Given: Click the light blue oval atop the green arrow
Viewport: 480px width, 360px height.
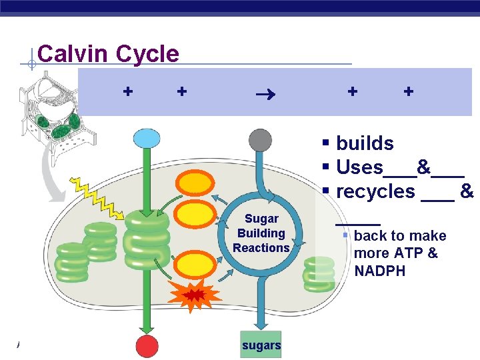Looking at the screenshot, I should pyautogui.click(x=147, y=139).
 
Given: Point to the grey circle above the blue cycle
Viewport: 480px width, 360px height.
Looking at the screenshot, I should pyautogui.click(x=260, y=141).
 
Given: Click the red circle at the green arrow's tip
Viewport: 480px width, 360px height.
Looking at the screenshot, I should pyautogui.click(x=147, y=346).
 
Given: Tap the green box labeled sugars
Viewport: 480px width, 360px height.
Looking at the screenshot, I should pyautogui.click(x=261, y=345).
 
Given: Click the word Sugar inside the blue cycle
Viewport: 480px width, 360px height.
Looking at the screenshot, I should pyautogui.click(x=261, y=219).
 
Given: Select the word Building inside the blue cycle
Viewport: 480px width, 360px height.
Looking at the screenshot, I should pyautogui.click(x=261, y=233).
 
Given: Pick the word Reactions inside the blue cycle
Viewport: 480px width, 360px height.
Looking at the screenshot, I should pyautogui.click(x=261, y=248).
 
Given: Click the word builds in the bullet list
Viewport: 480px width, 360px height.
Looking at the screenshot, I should pyautogui.click(x=365, y=143).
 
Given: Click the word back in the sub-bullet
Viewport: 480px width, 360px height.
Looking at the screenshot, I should pyautogui.click(x=370, y=236).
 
